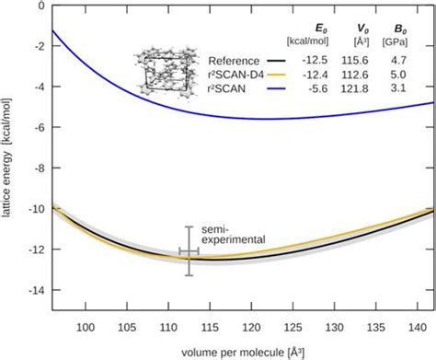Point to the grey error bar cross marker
pyautogui.click(x=189, y=250)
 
